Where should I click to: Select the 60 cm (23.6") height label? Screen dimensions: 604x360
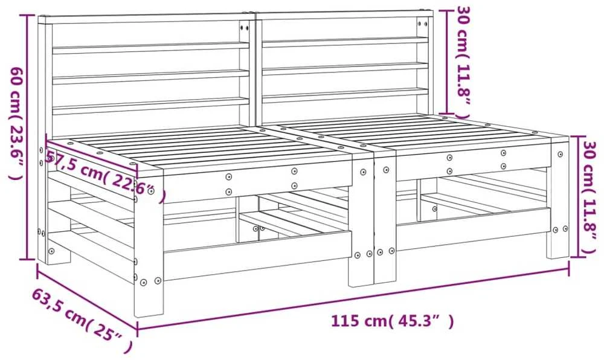point(17,123)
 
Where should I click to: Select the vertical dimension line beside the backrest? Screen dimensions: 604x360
point(447,63)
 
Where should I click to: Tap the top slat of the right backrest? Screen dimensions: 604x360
point(345,42)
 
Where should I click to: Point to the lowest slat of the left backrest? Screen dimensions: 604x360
point(150,106)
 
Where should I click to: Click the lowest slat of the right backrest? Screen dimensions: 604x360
point(345,95)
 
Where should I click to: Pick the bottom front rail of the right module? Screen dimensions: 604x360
point(474,229)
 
